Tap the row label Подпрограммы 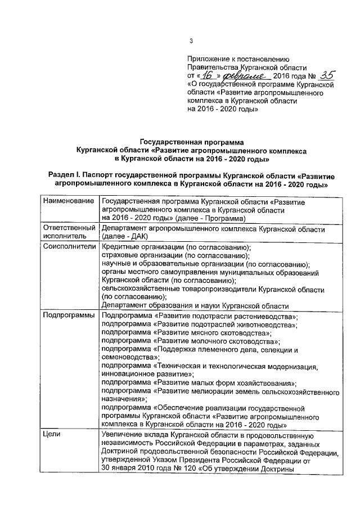[x=69, y=316]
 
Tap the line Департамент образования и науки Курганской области [x=195, y=306]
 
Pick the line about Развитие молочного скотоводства [x=190, y=341]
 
